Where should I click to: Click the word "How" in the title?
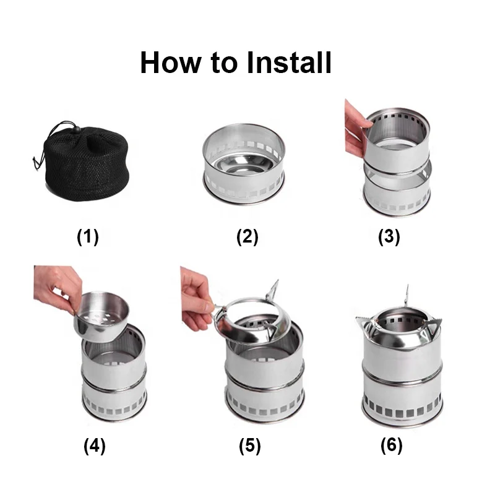170,62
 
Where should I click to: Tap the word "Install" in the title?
289,62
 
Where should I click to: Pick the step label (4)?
95,446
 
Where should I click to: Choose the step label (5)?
250,446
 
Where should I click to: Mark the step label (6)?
392,445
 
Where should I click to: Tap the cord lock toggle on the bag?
76,129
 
